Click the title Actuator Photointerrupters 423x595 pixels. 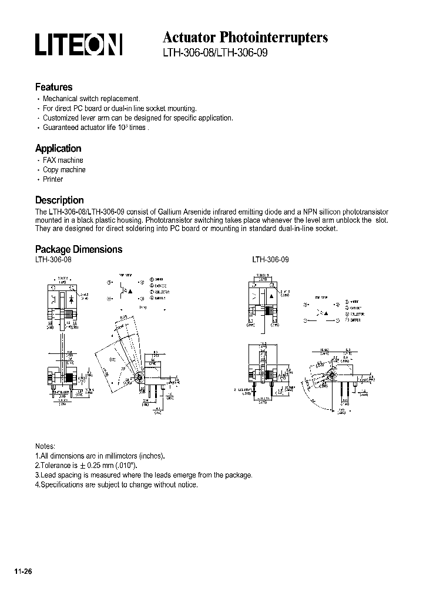[x=245, y=37]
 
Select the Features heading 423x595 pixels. [x=53, y=87]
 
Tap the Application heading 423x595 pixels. [x=58, y=148]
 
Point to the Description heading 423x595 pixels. [x=59, y=200]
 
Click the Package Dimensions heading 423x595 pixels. [x=79, y=249]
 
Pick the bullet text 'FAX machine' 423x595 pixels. [x=63, y=160]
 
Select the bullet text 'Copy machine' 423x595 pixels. [x=64, y=169]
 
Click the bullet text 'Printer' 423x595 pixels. [x=53, y=179]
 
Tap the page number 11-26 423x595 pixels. [x=22, y=571]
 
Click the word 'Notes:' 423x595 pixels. [x=45, y=446]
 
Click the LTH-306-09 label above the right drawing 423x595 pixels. [x=270, y=259]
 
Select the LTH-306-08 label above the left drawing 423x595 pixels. [x=53, y=259]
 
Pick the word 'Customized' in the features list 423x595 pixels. [x=61, y=118]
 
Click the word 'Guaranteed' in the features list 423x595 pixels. [x=62, y=127]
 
